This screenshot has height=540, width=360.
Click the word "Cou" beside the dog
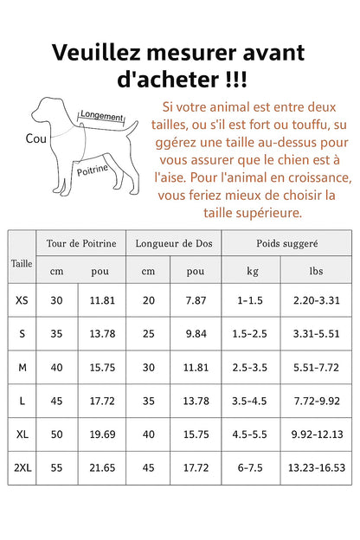point(36,138)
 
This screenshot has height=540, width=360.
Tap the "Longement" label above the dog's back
point(101,115)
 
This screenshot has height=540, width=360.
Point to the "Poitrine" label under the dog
point(93,170)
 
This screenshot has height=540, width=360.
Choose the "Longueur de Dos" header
point(173,243)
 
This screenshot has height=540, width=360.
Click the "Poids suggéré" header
point(287,243)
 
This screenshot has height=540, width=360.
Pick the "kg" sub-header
point(252,271)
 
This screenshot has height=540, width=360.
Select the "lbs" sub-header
point(316,271)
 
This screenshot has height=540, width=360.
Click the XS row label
point(22,300)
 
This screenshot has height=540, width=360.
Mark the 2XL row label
point(22,467)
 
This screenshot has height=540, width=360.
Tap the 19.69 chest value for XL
point(103,434)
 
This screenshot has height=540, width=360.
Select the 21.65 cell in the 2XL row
point(103,467)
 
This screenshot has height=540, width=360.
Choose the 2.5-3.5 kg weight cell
point(252,368)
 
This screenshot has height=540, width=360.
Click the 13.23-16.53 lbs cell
point(316,467)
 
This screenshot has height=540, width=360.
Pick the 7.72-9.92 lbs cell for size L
point(316,401)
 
